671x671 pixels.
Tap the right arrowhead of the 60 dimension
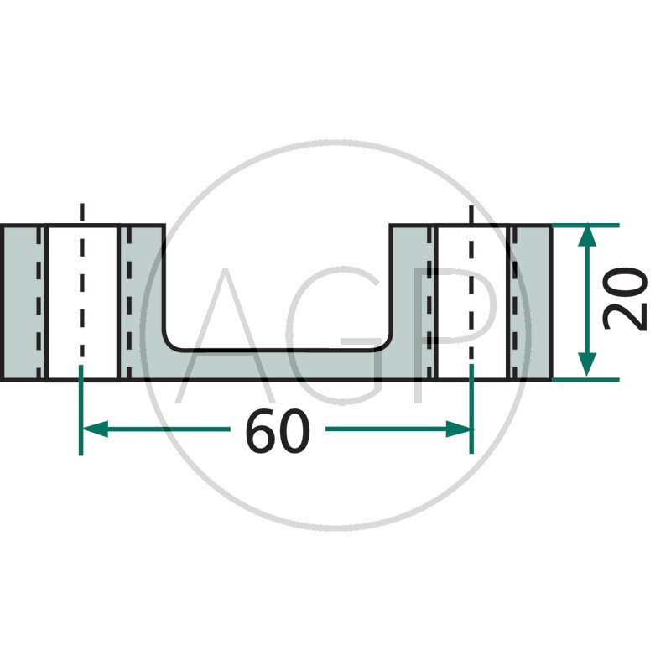tap(460, 429)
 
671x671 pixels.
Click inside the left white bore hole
tap(81, 302)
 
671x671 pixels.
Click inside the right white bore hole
tap(471, 302)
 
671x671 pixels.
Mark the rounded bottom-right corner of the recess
tap(386, 343)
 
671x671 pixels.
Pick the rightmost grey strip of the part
tap(529, 302)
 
